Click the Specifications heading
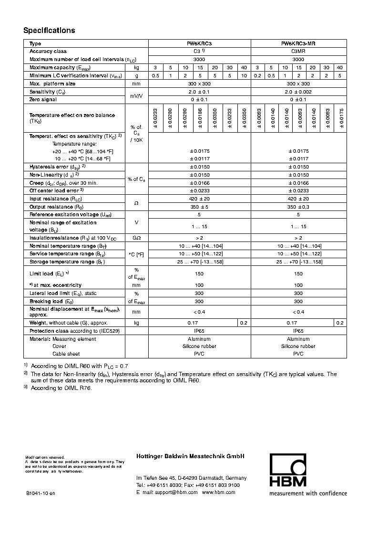tap(49, 31)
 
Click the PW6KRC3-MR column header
tap(298, 43)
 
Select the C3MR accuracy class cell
tap(298, 51)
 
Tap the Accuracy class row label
tap(48, 51)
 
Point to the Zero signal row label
tap(43, 100)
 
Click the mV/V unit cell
tap(136, 95)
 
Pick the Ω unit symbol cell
tap(136, 203)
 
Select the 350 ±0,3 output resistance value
tap(298, 207)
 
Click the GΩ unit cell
tap(136, 238)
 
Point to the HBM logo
tap(288, 470)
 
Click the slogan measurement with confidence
tap(307, 493)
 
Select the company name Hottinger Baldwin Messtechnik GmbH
tap(190, 456)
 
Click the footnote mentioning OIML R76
tap(61, 388)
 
